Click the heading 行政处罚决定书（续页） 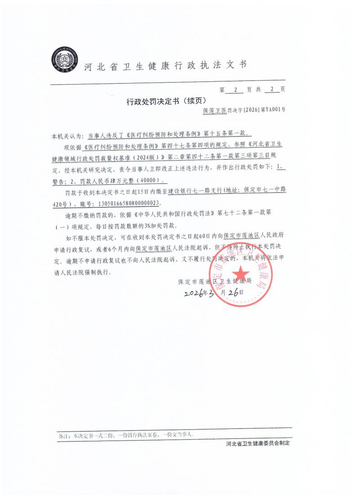167,103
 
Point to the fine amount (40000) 153,181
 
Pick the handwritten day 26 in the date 233,292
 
